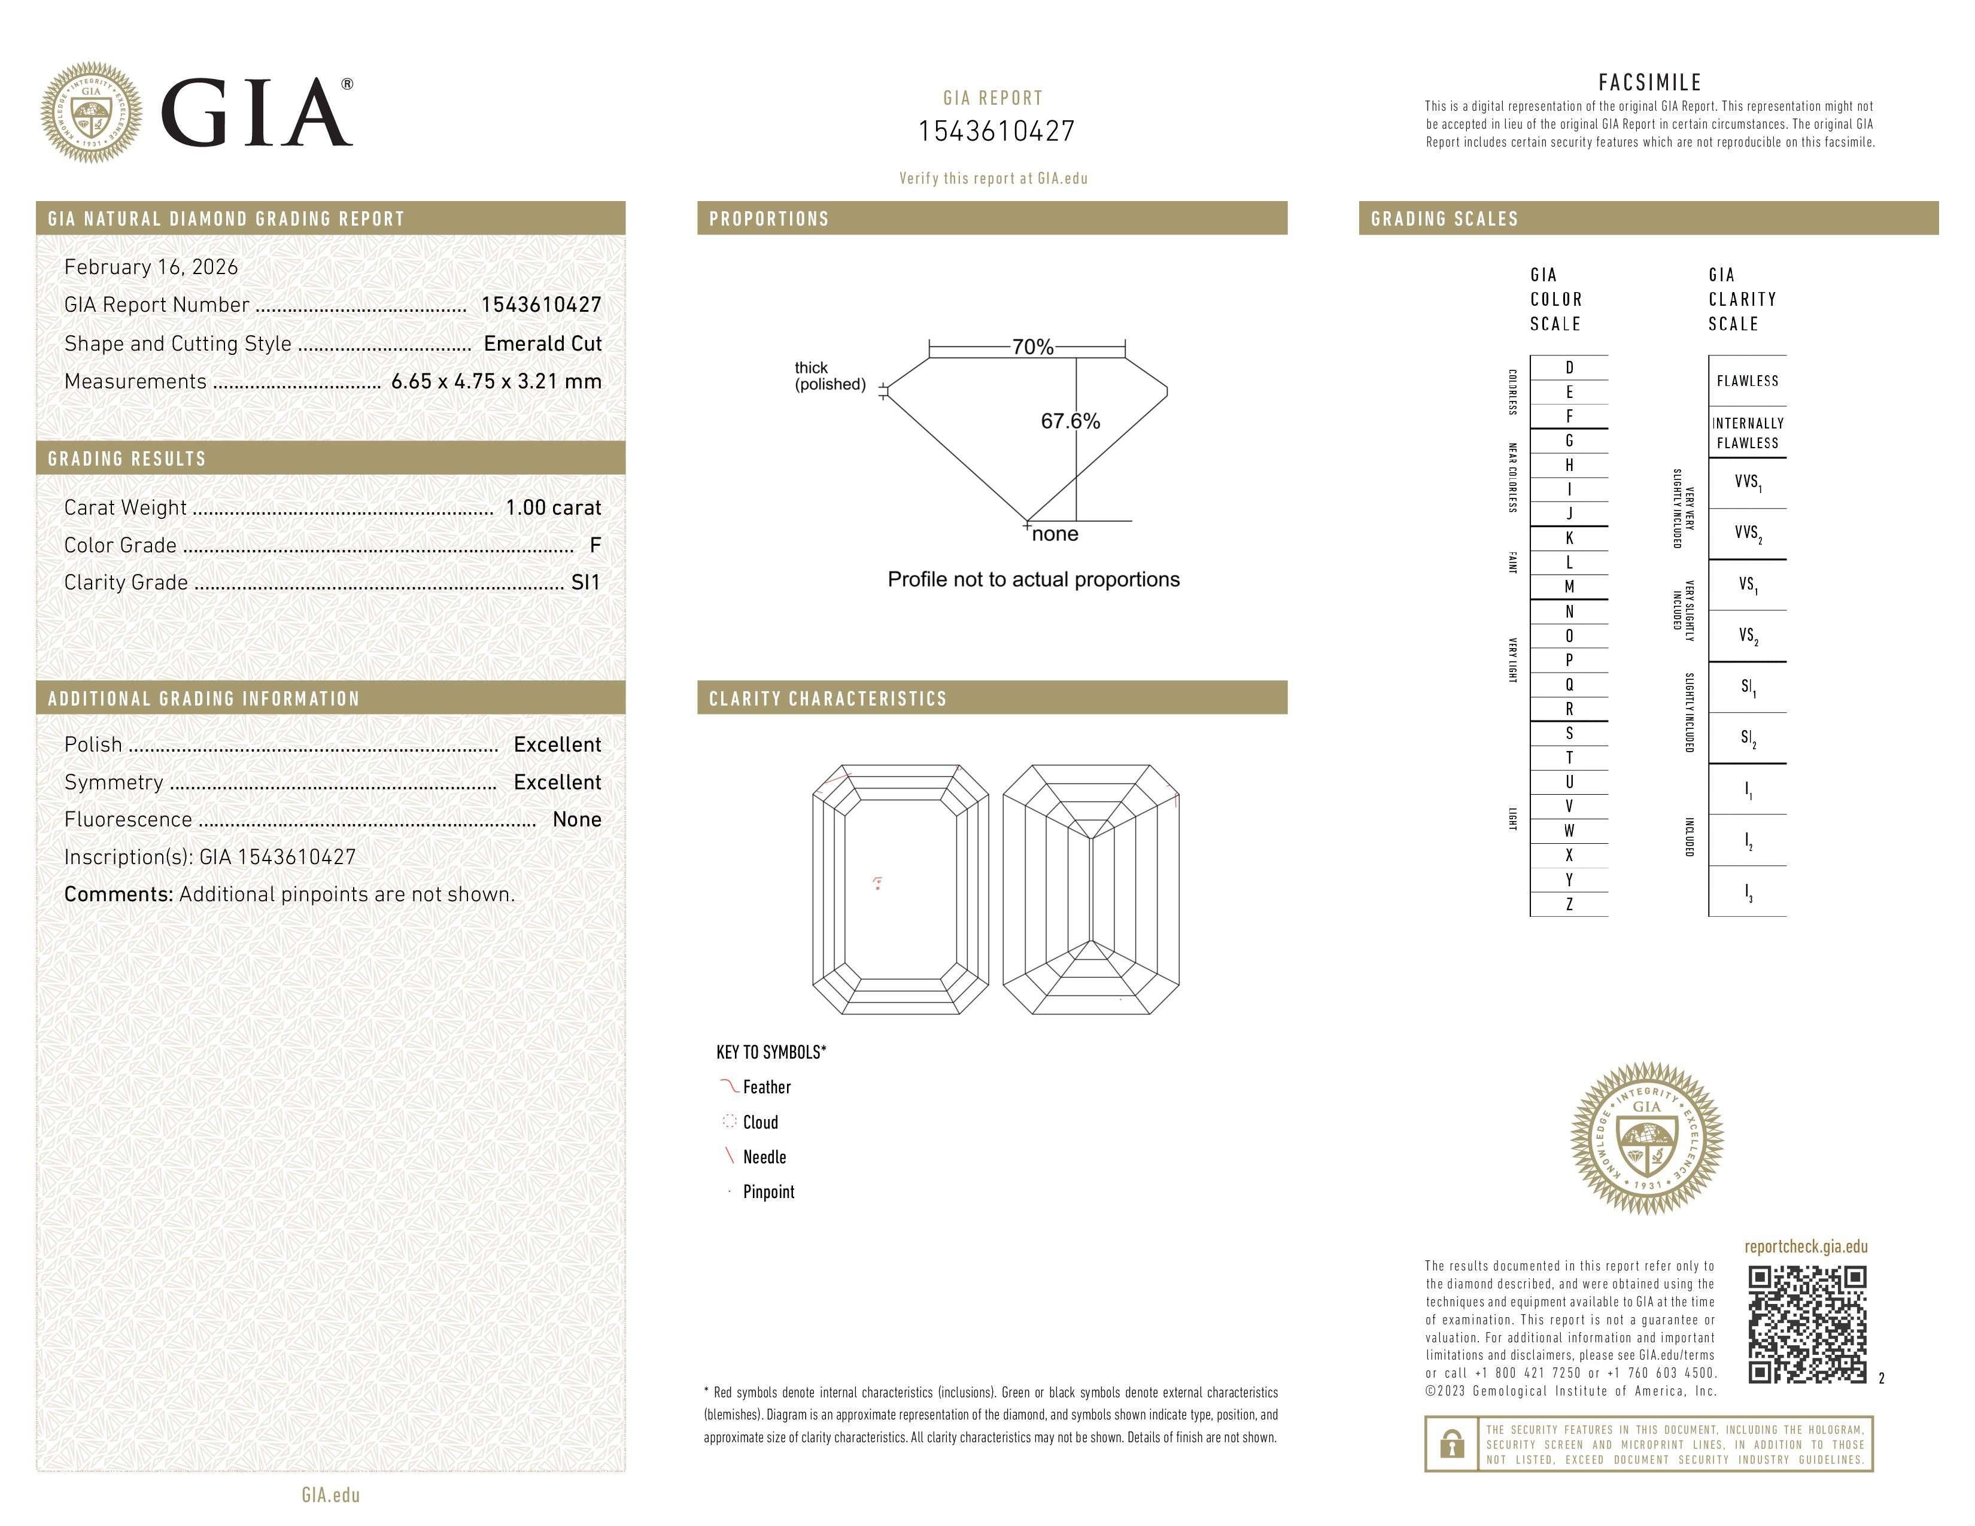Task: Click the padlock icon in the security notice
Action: click(x=1451, y=1444)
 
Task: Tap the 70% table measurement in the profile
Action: click(x=1032, y=347)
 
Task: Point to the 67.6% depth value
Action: click(x=1070, y=421)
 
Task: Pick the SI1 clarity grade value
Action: click(x=585, y=583)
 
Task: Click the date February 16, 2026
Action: click(x=151, y=267)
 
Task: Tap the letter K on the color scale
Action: click(x=1569, y=539)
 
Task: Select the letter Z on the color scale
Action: click(x=1569, y=904)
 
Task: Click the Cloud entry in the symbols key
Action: click(x=759, y=1123)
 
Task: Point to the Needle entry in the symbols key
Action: click(x=764, y=1157)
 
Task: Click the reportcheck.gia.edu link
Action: click(x=1805, y=1247)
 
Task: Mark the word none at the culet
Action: click(x=1055, y=534)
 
